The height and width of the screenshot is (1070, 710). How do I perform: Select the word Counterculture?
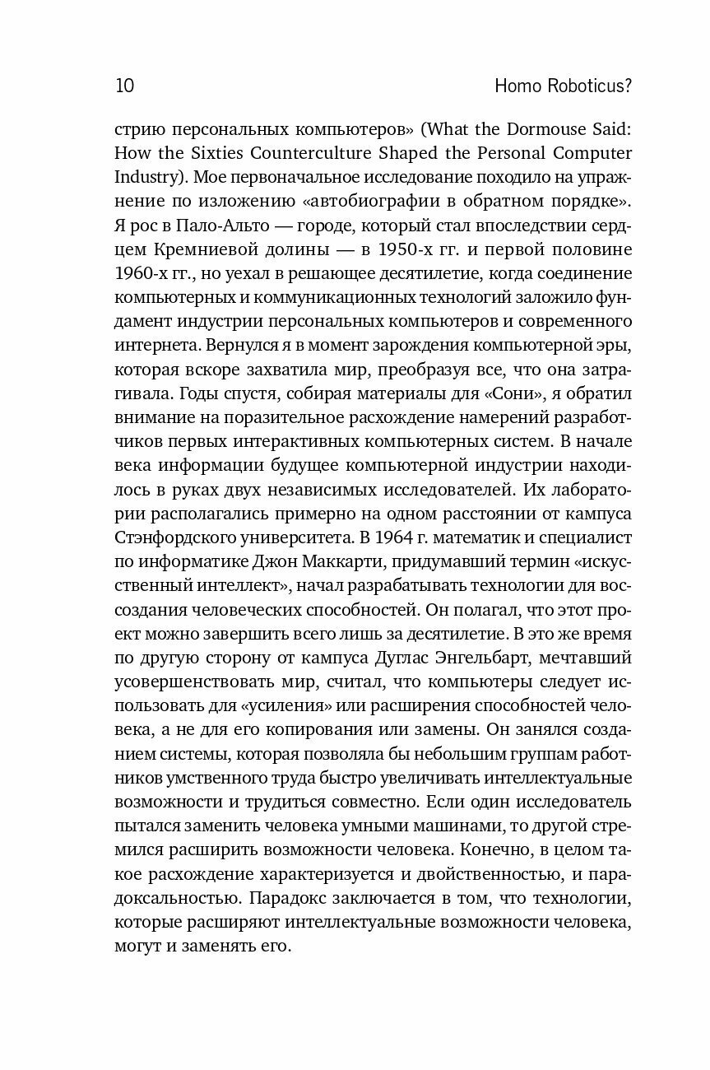pos(295,153)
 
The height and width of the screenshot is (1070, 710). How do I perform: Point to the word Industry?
pos(146,176)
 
